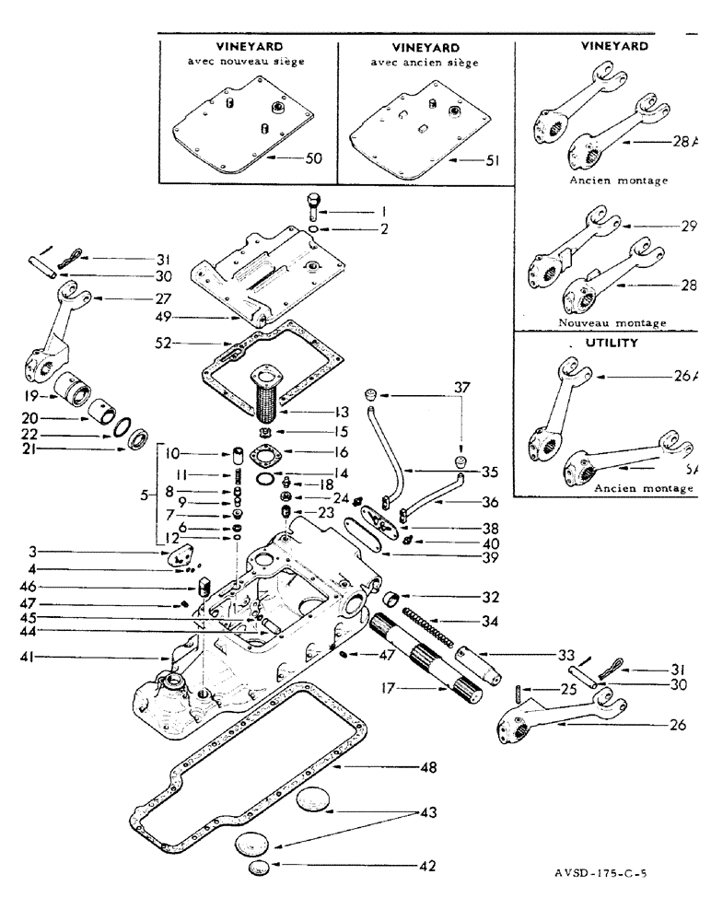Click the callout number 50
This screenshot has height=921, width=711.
(313, 158)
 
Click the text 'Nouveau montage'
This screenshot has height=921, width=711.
(612, 323)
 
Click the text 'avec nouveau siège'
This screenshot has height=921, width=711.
(247, 63)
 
